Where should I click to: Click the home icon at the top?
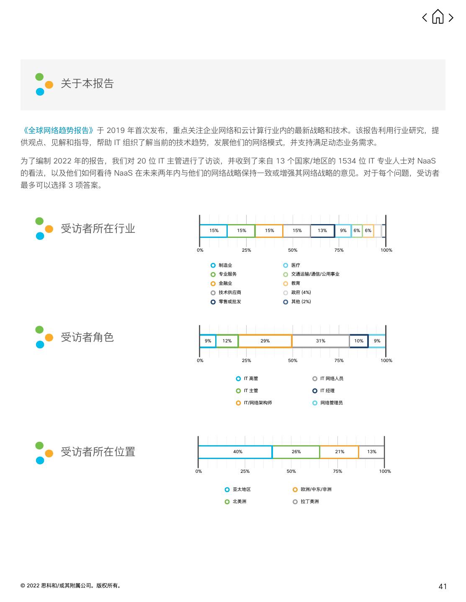[438, 17]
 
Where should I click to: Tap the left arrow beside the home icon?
[425, 17]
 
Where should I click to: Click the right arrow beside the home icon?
[451, 17]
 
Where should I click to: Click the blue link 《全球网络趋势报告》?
[59, 130]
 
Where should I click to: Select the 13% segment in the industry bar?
[322, 231]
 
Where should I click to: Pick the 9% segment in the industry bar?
[343, 231]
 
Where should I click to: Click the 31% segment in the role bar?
[321, 341]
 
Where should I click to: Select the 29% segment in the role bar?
[265, 341]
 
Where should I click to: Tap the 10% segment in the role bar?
[359, 341]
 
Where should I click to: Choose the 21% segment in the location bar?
[339, 452]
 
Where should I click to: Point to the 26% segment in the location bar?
[296, 452]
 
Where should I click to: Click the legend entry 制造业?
[225, 265]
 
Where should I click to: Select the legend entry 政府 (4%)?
[301, 293]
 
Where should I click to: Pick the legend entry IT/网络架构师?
[257, 403]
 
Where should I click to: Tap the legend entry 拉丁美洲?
[309, 502]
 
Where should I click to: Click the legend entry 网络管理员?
[331, 403]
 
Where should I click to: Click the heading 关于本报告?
[87, 84]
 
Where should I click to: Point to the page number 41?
[443, 587]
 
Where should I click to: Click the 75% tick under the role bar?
[339, 360]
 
